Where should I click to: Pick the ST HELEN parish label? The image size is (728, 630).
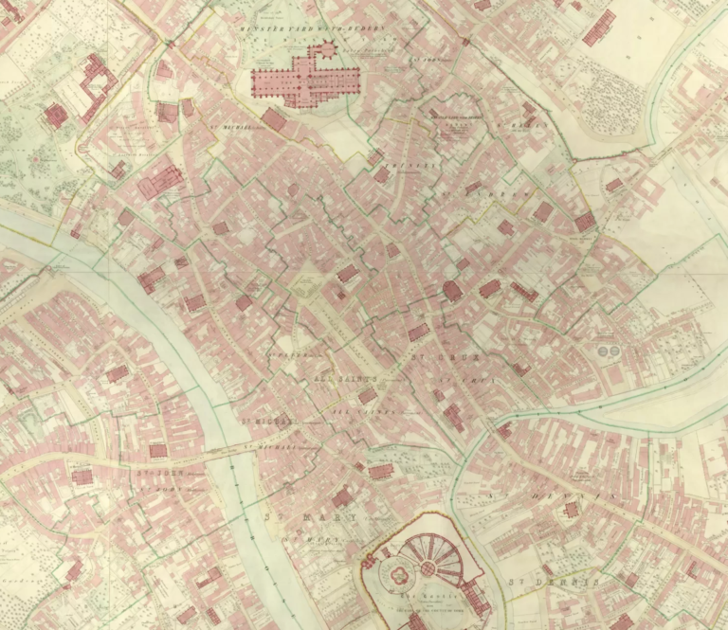point(517,126)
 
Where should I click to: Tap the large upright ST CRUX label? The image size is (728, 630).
point(446,358)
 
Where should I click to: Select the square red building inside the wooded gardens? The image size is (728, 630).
point(55,116)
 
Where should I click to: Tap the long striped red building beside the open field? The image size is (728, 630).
point(599,27)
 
